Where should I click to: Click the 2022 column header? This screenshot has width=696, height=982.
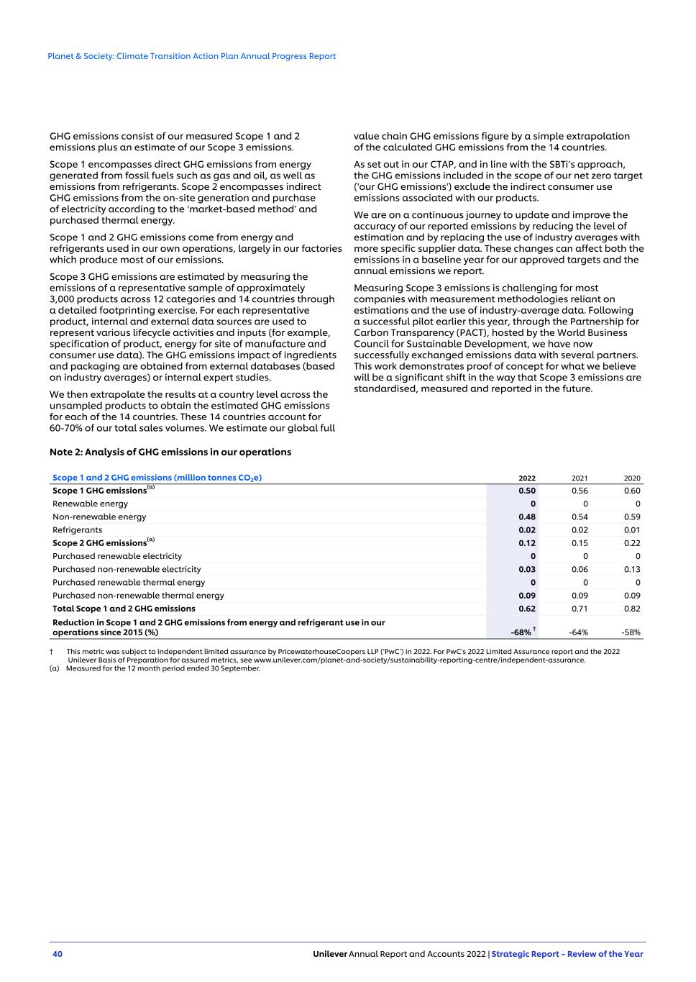527,478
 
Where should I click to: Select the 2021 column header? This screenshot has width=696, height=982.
580,478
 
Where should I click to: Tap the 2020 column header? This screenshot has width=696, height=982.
632,478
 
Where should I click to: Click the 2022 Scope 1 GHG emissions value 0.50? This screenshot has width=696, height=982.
527,491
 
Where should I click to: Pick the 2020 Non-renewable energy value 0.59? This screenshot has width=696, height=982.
632,517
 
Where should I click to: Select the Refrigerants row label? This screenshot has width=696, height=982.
77,530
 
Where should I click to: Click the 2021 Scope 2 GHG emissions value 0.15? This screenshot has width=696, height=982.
580,543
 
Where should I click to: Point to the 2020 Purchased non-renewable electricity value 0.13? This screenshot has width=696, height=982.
632,569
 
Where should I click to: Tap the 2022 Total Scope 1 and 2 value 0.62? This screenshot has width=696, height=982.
527,609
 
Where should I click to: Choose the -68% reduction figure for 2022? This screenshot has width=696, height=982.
521,632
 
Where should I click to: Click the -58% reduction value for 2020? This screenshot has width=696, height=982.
631,632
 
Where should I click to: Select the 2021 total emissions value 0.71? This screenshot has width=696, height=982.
580,609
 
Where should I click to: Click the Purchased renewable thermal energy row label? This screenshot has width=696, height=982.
129,583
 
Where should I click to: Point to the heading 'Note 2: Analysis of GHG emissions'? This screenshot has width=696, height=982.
170,452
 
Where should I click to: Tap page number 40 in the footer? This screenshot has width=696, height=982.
58,954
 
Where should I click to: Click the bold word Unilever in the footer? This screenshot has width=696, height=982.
330,954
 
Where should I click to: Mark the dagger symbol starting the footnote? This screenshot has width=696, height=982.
52,651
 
